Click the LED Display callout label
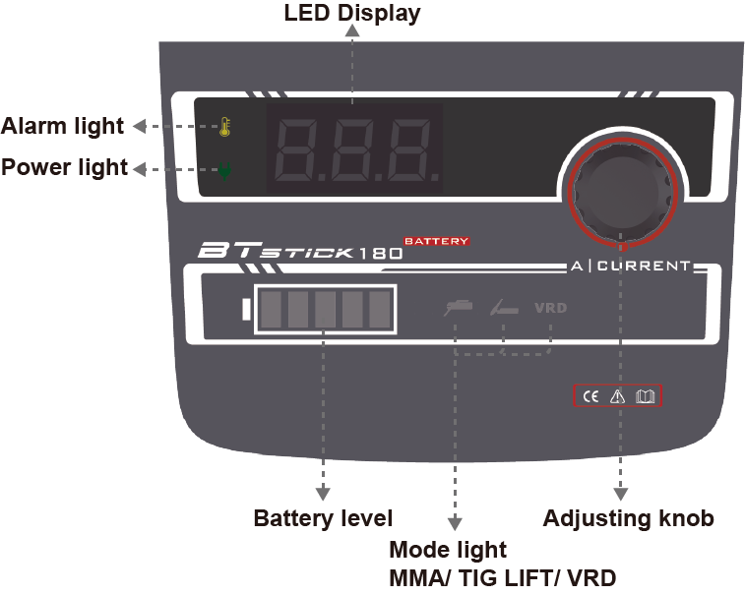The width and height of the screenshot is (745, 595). click(x=351, y=14)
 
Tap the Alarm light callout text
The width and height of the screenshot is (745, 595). click(x=63, y=126)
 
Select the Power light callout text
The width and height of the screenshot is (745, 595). click(x=64, y=167)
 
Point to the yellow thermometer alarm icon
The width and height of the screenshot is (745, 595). click(x=225, y=128)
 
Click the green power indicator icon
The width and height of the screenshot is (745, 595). click(x=225, y=171)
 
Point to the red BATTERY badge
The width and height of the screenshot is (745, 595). click(x=436, y=241)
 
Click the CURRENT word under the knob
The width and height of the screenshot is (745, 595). click(x=645, y=266)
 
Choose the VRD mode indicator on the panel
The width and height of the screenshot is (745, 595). click(x=550, y=308)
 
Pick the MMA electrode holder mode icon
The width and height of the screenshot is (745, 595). click(x=458, y=308)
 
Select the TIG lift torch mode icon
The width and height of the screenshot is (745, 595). click(x=504, y=309)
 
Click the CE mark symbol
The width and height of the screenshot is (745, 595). click(x=591, y=396)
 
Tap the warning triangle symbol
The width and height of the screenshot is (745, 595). click(x=618, y=396)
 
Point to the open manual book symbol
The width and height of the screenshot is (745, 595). click(x=645, y=396)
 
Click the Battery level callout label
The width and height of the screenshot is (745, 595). click(x=323, y=518)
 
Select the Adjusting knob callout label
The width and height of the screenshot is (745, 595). click(x=628, y=518)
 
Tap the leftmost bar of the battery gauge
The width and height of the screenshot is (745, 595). click(x=272, y=310)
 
